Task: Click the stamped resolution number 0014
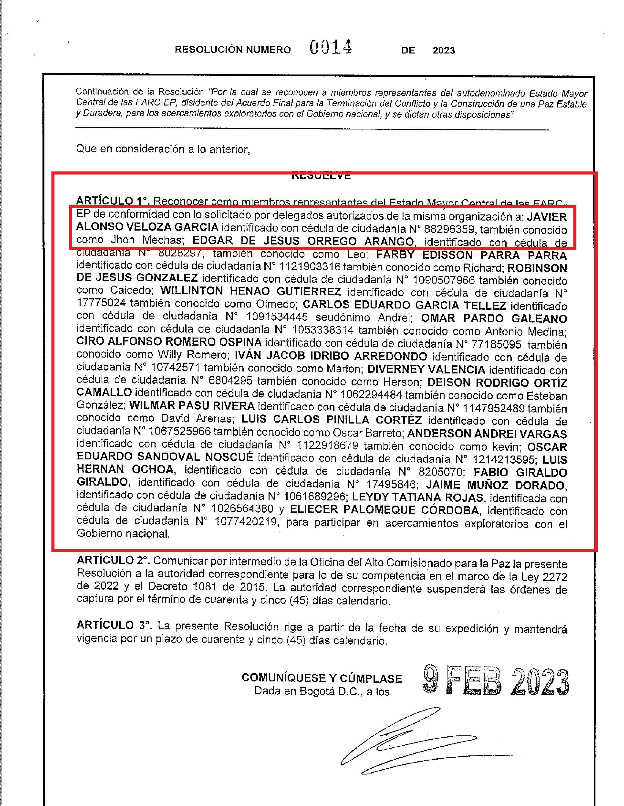[331, 48]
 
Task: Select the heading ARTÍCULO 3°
[114, 625]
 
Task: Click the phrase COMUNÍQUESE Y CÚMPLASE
[322, 678]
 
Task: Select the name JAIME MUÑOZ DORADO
[496, 485]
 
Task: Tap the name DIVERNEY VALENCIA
[426, 369]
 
